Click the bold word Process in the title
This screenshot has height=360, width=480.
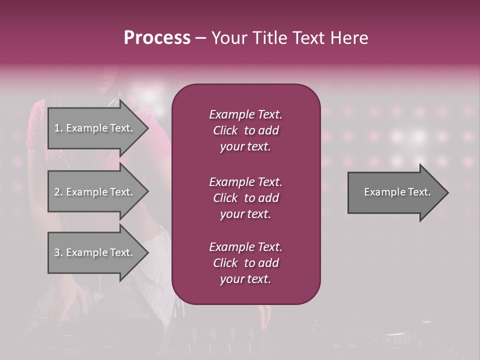pos(157,38)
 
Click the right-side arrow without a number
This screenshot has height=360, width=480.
pos(397,192)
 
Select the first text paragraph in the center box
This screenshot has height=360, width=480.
pos(245,130)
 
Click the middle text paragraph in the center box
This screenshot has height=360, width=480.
pos(245,198)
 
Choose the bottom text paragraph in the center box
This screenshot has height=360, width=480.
pos(245,263)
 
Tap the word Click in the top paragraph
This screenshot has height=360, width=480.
pos(225,130)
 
